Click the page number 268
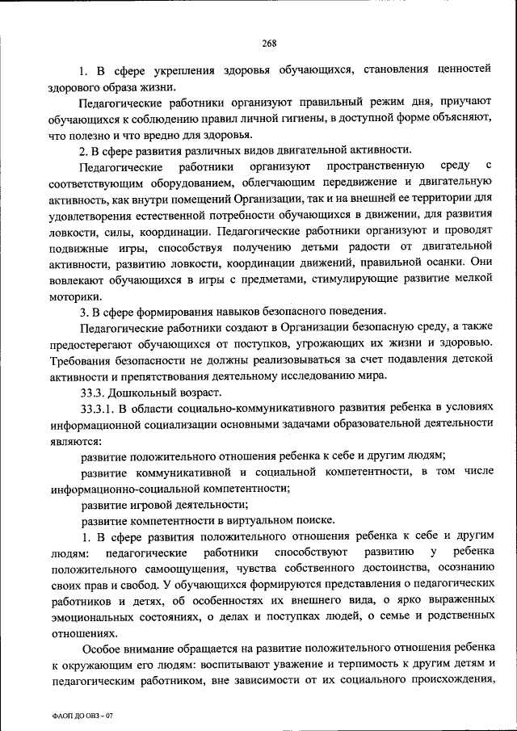point(270,44)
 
